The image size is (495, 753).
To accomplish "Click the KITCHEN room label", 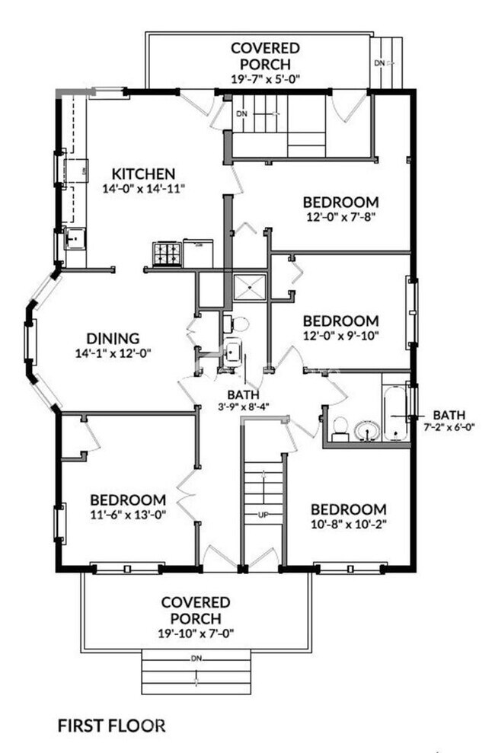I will pyautogui.click(x=144, y=174).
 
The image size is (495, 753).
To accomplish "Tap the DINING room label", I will pyautogui.click(x=112, y=338).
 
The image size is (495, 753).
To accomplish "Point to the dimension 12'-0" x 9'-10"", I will pyautogui.click(x=340, y=335).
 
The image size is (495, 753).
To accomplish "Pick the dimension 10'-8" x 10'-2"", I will pyautogui.click(x=349, y=523).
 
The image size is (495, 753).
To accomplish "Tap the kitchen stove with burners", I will pyautogui.click(x=168, y=254).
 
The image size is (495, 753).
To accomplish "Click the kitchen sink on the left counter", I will pyautogui.click(x=75, y=239).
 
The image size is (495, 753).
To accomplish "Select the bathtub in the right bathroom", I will pyautogui.click(x=396, y=414).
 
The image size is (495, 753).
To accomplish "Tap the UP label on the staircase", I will pyautogui.click(x=263, y=515).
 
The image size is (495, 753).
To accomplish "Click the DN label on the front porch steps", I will pyautogui.click(x=196, y=657).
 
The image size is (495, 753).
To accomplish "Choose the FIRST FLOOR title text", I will pyautogui.click(x=111, y=726).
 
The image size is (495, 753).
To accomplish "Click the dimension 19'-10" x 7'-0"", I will pyautogui.click(x=196, y=633).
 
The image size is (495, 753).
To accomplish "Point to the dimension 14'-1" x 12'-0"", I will pyautogui.click(x=112, y=353).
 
